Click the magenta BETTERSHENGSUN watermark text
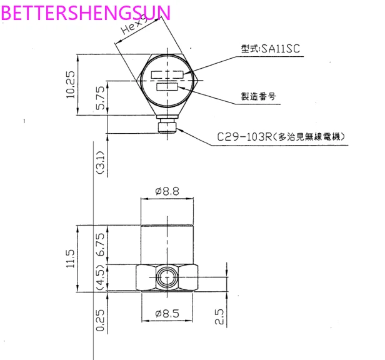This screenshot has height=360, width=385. pyautogui.click(x=85, y=12)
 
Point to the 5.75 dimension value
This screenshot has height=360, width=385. pyautogui.click(x=100, y=98)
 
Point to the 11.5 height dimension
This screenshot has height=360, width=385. pyautogui.click(x=70, y=257)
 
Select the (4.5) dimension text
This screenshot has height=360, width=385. pyautogui.click(x=99, y=277)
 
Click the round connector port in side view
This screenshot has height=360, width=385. pyautogui.click(x=167, y=277)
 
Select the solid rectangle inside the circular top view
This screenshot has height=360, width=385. pyautogui.click(x=167, y=88)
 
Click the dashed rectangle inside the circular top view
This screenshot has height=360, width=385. pyautogui.click(x=167, y=74)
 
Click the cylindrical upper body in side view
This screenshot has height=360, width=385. pyautogui.click(x=167, y=244)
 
